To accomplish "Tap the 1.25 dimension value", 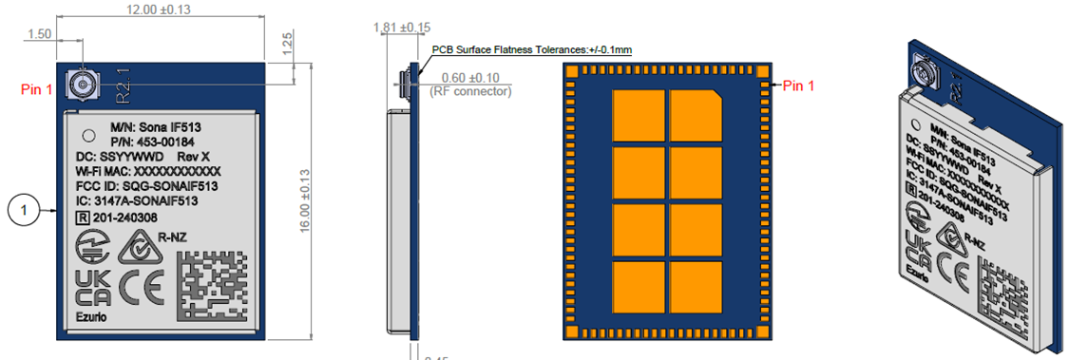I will [286, 43].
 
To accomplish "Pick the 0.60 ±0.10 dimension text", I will [470, 77].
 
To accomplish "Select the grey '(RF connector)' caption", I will [470, 91].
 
